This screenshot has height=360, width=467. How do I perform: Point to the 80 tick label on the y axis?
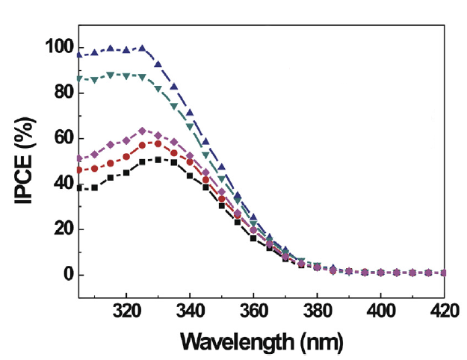point(59,93)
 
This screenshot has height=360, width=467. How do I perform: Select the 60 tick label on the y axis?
point(59,139)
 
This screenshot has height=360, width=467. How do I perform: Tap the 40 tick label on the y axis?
point(59,184)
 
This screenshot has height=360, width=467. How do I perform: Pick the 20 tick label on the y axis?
point(59,230)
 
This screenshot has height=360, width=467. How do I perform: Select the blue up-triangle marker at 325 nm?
point(142,49)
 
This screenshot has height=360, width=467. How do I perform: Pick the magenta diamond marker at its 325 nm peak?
point(142,131)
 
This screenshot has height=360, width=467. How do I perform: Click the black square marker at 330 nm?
point(158,160)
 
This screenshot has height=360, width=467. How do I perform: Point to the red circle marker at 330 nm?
point(158,143)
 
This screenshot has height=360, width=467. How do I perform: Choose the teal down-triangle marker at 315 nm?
point(111,75)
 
